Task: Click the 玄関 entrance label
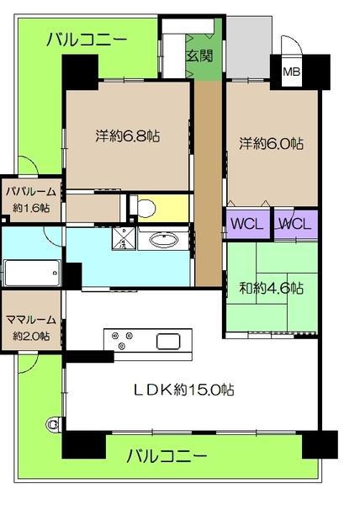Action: pyautogui.click(x=199, y=56)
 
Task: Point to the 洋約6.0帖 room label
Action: pyautogui.click(x=269, y=143)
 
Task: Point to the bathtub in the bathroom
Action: pyautogui.click(x=31, y=274)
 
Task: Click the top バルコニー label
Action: pyautogui.click(x=87, y=39)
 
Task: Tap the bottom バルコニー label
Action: pyautogui.click(x=167, y=457)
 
